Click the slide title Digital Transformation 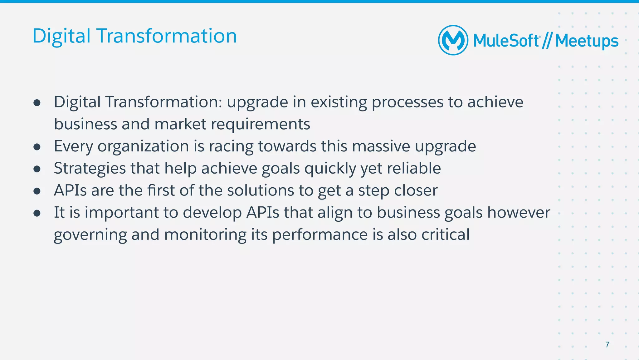[x=134, y=36]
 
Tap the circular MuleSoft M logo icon [x=453, y=40]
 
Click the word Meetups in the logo [x=587, y=41]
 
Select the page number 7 [x=607, y=345]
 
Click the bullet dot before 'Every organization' [x=37, y=147]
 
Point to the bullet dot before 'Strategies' [x=37, y=169]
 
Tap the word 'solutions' [x=260, y=190]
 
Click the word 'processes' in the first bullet [x=407, y=102]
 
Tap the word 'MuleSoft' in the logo [x=506, y=41]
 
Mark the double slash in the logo [x=547, y=41]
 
